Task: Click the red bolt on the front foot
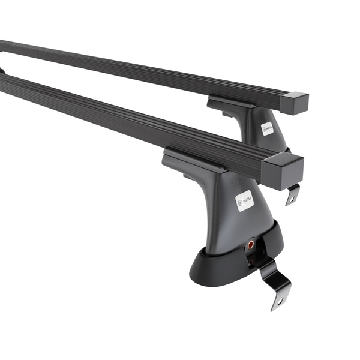click(x=250, y=244)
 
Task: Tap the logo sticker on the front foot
click(x=245, y=199)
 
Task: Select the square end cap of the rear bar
click(x=296, y=103)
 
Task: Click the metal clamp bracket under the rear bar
click(x=292, y=193)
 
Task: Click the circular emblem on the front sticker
click(x=240, y=200)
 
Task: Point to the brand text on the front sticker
click(x=248, y=197)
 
